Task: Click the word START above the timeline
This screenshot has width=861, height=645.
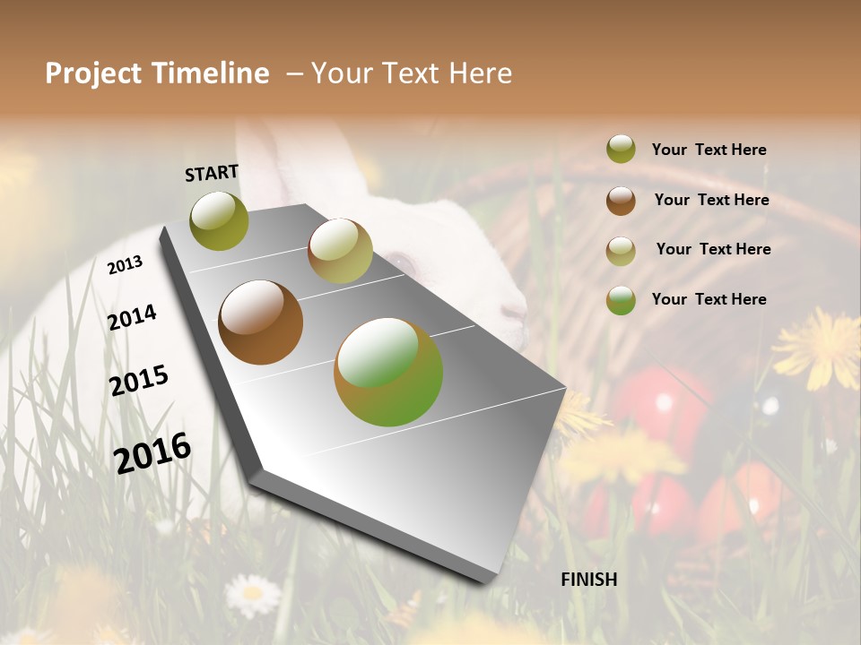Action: (x=212, y=173)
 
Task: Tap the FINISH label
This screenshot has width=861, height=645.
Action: (x=588, y=580)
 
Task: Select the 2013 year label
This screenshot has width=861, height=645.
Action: (x=125, y=264)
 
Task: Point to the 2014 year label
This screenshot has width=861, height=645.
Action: (x=132, y=317)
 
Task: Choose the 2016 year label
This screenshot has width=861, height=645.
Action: (x=152, y=452)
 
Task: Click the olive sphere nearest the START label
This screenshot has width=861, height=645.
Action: (x=219, y=221)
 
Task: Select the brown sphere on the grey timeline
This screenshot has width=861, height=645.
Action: (x=260, y=322)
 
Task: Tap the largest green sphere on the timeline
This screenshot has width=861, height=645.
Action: (x=388, y=372)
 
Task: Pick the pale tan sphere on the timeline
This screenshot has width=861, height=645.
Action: (x=340, y=250)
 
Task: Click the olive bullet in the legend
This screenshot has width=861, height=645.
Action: (x=621, y=150)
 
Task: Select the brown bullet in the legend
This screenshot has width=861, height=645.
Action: (x=621, y=200)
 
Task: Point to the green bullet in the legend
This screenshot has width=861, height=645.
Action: (x=621, y=299)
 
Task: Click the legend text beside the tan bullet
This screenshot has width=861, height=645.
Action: (x=713, y=249)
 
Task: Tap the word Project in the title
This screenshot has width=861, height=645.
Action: (x=93, y=73)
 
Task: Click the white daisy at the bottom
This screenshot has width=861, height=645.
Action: (x=252, y=594)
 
